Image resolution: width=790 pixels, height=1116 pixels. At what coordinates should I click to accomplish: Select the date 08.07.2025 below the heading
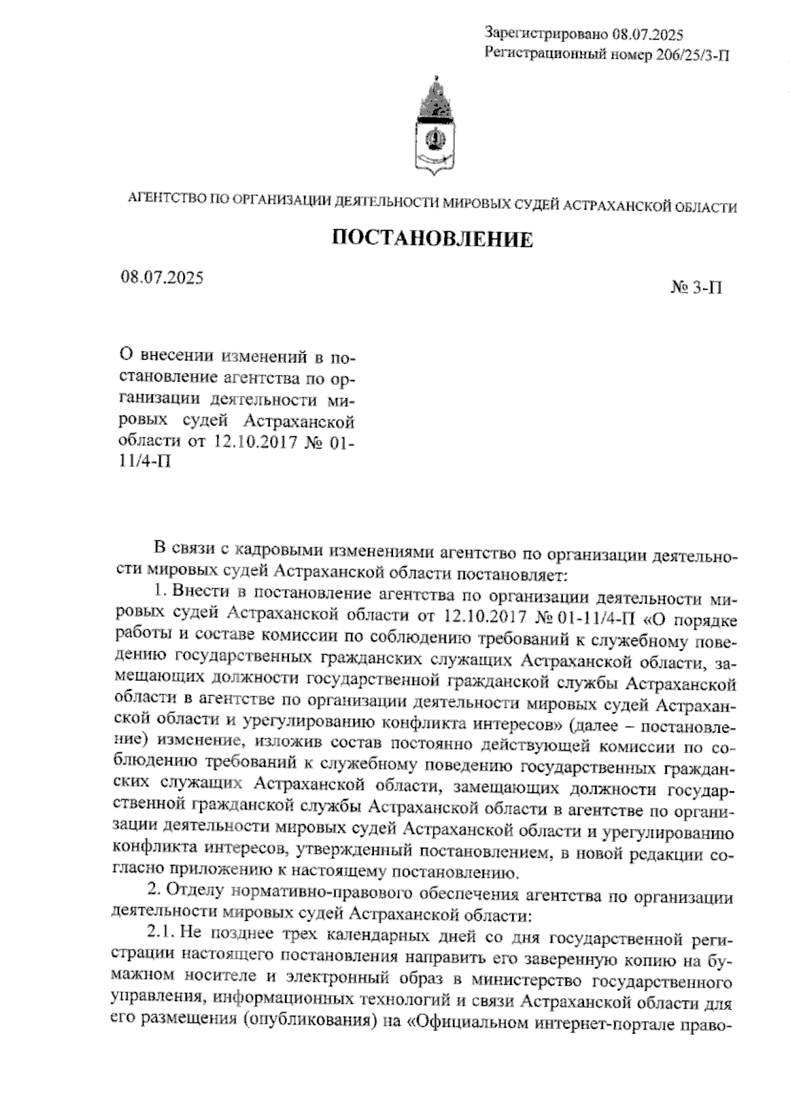click(x=161, y=277)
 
